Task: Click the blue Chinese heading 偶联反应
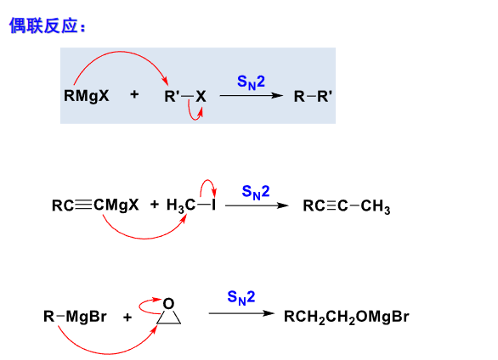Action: (43, 25)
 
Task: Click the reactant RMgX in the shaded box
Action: (87, 96)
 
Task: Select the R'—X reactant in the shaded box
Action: (185, 97)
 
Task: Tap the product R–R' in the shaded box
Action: (313, 97)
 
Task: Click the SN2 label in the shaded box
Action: (251, 82)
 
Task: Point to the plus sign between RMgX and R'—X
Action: (134, 94)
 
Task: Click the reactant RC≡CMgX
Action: (95, 205)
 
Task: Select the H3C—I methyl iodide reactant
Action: (191, 205)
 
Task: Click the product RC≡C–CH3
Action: (347, 206)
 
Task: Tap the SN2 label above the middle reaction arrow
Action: (256, 192)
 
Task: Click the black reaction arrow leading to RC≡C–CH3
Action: (257, 205)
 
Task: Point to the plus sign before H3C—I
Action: (155, 205)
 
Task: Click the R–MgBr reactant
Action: (75, 317)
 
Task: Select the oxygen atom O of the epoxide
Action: (168, 304)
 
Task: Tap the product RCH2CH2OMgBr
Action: (347, 317)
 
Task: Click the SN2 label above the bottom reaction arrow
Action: (241, 298)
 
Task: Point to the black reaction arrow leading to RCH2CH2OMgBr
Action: (241, 313)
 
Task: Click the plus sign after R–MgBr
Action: (127, 317)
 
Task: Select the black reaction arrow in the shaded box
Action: (252, 95)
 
